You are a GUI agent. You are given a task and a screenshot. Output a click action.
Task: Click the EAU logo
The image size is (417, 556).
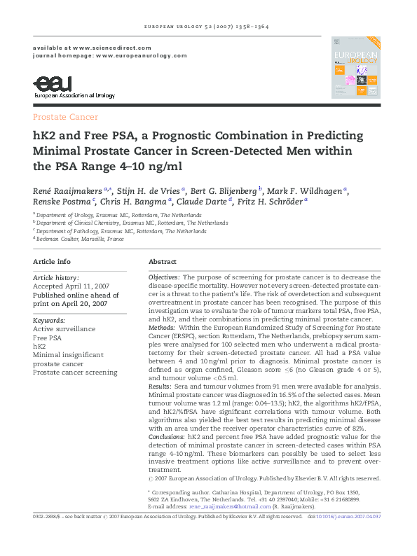[x=73, y=86]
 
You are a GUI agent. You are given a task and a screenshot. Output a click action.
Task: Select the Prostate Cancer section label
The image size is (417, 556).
[x=65, y=117]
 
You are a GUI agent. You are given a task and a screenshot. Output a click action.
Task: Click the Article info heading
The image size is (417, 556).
[x=52, y=262]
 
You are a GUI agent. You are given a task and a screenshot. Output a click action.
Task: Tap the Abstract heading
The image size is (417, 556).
[x=163, y=262]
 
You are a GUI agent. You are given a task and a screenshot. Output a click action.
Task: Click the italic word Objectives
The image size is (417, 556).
[x=164, y=278]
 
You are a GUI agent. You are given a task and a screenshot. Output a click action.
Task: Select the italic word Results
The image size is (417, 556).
[x=160, y=386]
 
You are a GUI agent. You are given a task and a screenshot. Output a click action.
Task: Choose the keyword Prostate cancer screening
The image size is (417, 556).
[x=75, y=373]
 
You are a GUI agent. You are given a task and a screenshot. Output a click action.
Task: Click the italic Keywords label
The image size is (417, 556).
[x=49, y=320]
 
